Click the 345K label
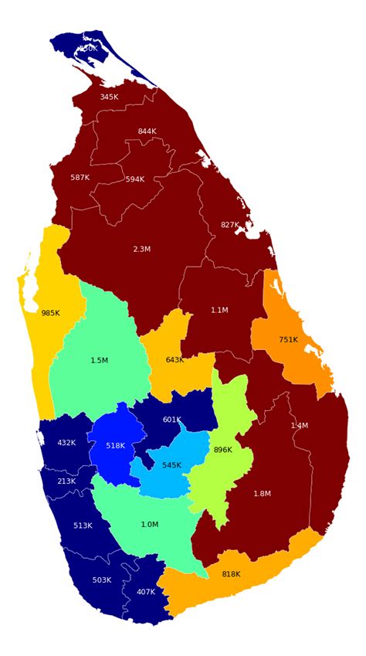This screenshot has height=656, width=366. (109, 97)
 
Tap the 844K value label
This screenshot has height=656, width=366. (147, 131)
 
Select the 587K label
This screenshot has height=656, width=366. (80, 178)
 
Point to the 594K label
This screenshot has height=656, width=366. (134, 179)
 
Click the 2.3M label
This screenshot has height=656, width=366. (141, 250)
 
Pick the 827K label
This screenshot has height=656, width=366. (229, 225)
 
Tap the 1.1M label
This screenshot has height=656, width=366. (219, 310)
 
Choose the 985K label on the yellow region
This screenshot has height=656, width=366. (50, 313)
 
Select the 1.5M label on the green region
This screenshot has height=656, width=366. (99, 360)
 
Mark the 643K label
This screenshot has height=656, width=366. (175, 359)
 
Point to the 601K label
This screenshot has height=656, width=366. (171, 420)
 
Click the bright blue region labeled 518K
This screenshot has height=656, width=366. (115, 445)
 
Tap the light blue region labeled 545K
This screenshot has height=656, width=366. (171, 465)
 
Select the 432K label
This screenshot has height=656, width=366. (66, 443)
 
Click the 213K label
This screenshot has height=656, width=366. (66, 481)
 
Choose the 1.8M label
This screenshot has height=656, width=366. (262, 493)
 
